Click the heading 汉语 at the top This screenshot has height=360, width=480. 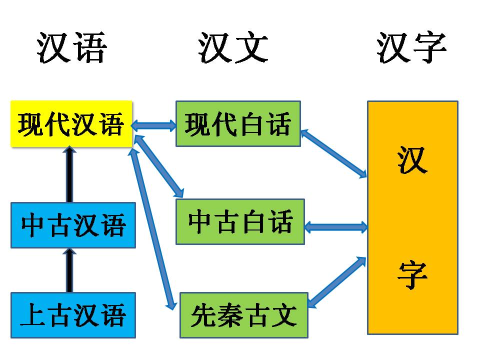point(72,48)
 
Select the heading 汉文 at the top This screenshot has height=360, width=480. point(233,48)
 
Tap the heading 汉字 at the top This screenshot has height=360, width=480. point(411,48)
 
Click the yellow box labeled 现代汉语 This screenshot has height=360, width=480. point(71,124)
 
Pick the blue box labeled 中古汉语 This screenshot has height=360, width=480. point(73,225)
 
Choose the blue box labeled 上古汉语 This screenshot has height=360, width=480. point(73,315)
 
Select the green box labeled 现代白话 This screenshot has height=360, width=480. point(238,123)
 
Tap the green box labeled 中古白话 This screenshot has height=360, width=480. point(240,221)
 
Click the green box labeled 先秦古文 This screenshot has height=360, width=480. point(244,315)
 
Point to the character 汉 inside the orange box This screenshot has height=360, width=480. point(412,159)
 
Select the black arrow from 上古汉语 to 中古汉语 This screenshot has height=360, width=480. point(69,270)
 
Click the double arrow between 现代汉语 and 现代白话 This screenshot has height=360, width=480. point(154,125)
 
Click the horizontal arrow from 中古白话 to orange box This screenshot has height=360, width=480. point(335,227)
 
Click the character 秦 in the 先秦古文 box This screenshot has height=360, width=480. point(230,315)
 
